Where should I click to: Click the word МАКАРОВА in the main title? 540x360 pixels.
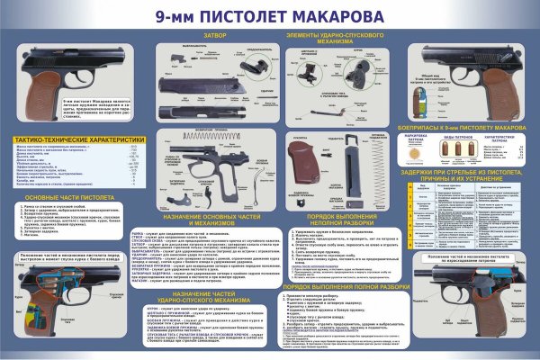coord(328,15)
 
